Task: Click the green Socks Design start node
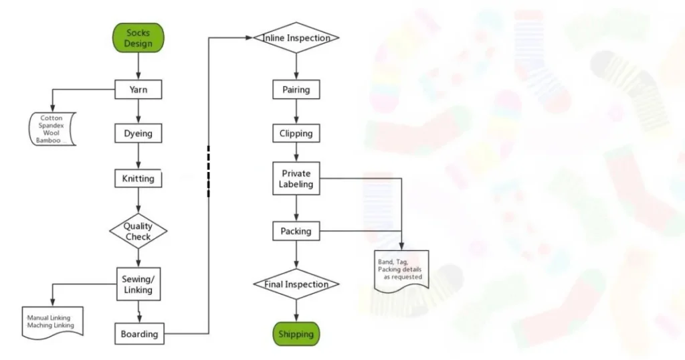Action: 138,38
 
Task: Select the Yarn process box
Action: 138,90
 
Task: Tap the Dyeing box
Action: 138,134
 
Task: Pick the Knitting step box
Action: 138,179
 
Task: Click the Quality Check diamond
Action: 138,232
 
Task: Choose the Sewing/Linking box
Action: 138,284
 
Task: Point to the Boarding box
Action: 139,334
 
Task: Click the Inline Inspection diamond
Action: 296,38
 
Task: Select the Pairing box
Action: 296,90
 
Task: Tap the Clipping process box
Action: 296,134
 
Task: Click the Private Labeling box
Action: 296,179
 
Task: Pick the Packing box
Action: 296,232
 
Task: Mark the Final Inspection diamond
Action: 296,284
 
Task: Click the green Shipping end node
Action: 296,334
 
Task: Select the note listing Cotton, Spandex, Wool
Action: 52,129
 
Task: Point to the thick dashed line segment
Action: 209,171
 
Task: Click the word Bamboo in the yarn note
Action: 48,141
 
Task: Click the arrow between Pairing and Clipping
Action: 296,112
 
